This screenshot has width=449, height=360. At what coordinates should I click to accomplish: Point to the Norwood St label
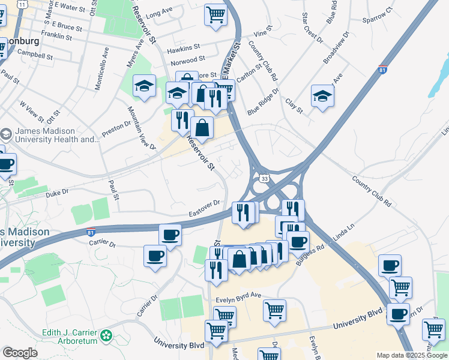[188, 61]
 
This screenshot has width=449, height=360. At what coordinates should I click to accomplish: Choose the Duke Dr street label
[58, 194]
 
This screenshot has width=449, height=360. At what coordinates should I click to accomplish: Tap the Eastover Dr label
[205, 209]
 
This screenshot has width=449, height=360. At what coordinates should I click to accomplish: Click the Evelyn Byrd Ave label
[239, 295]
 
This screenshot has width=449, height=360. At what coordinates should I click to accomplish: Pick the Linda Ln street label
[345, 232]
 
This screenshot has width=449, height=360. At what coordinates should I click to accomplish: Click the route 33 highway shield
[264, 179]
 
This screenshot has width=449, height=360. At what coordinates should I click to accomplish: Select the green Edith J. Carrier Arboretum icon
[107, 334]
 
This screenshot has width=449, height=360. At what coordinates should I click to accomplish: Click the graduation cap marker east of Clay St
[322, 95]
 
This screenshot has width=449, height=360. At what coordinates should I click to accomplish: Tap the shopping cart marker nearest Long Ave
[215, 14]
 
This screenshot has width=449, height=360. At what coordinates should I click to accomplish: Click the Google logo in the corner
[20, 353]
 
